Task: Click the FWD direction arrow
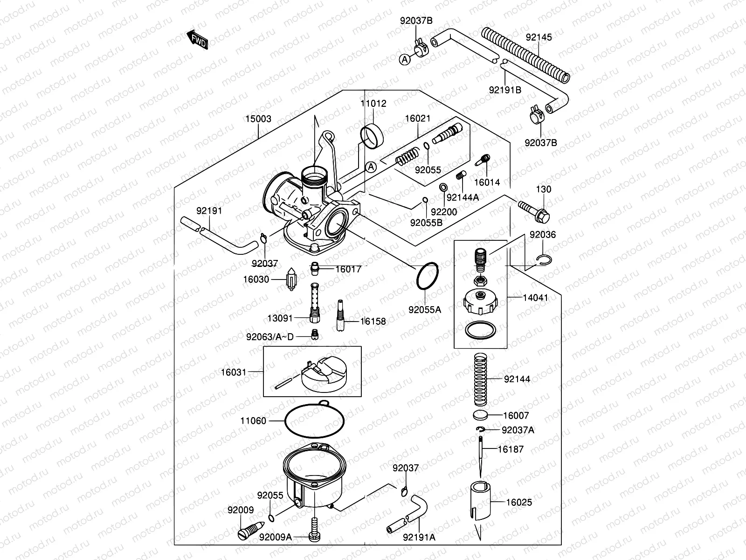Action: [197, 40]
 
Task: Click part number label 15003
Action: [258, 119]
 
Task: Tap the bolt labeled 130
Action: [533, 210]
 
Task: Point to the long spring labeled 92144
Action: [480, 379]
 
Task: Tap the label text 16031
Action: [233, 372]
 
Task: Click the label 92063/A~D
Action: [270, 336]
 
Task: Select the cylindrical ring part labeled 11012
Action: [372, 135]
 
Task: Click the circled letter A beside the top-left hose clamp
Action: [405, 59]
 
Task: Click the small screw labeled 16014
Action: [483, 160]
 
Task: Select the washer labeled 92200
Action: [442, 188]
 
